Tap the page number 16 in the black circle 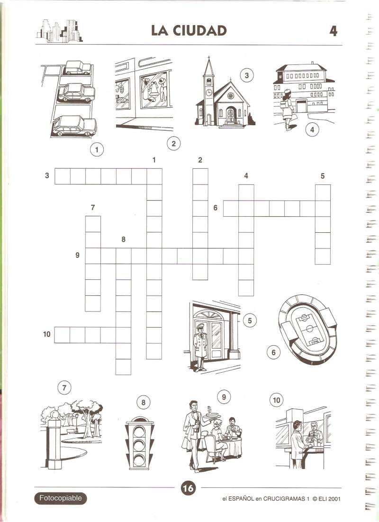[x=188, y=488]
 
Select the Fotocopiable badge [x=60, y=498]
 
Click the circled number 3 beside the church [x=246, y=75]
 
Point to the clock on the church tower [x=208, y=93]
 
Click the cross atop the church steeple [x=208, y=59]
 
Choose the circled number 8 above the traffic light [x=144, y=403]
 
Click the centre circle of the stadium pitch [x=309, y=329]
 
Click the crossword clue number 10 [x=46, y=333]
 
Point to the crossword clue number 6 [x=216, y=208]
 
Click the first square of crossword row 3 [x=62, y=176]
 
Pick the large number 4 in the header [x=333, y=31]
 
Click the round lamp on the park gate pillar [x=54, y=415]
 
